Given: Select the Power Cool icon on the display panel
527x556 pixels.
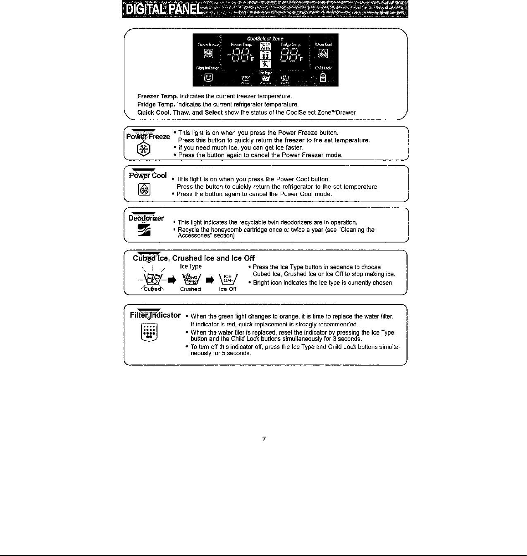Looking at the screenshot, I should [x=324, y=54].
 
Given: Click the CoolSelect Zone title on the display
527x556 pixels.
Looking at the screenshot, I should [x=265, y=38].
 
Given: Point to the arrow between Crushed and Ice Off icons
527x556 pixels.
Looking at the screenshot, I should [x=210, y=279].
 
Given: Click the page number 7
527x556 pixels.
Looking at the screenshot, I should [x=264, y=439].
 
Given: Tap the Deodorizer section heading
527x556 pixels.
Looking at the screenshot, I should [x=146, y=218].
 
